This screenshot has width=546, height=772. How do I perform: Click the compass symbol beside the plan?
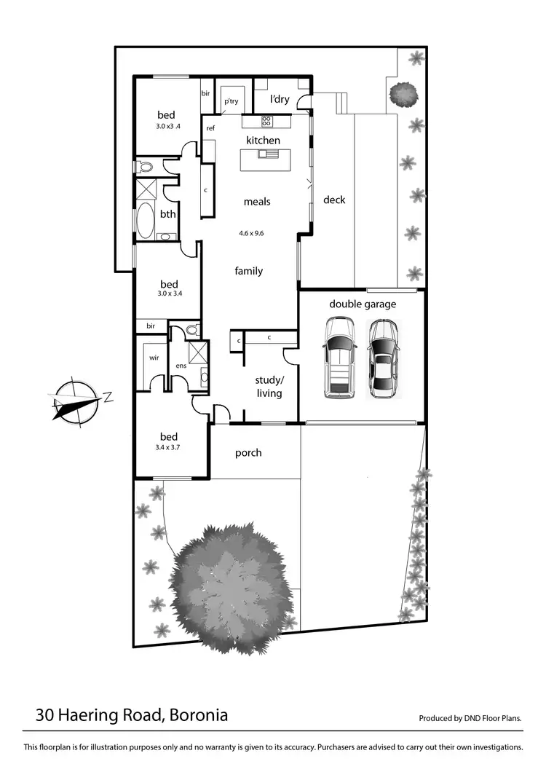click(75, 401)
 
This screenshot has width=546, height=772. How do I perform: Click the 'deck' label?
click(334, 200)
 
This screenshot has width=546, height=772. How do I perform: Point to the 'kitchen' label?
click(263, 140)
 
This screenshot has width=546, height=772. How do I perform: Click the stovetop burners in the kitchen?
click(266, 122)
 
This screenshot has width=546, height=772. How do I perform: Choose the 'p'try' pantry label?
click(231, 102)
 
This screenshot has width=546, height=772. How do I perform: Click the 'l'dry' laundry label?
click(280, 99)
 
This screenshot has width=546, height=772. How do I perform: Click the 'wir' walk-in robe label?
click(154, 358)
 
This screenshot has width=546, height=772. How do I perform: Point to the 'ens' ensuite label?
click(181, 365)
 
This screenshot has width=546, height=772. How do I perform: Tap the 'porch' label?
click(248, 453)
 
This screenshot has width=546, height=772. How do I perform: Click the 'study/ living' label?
click(268, 387)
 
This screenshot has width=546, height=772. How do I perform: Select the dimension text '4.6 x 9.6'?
click(250, 234)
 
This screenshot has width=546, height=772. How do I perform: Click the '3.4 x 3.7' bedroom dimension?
click(167, 447)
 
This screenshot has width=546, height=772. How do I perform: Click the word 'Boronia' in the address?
click(198, 715)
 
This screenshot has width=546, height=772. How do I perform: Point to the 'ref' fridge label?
click(210, 128)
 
